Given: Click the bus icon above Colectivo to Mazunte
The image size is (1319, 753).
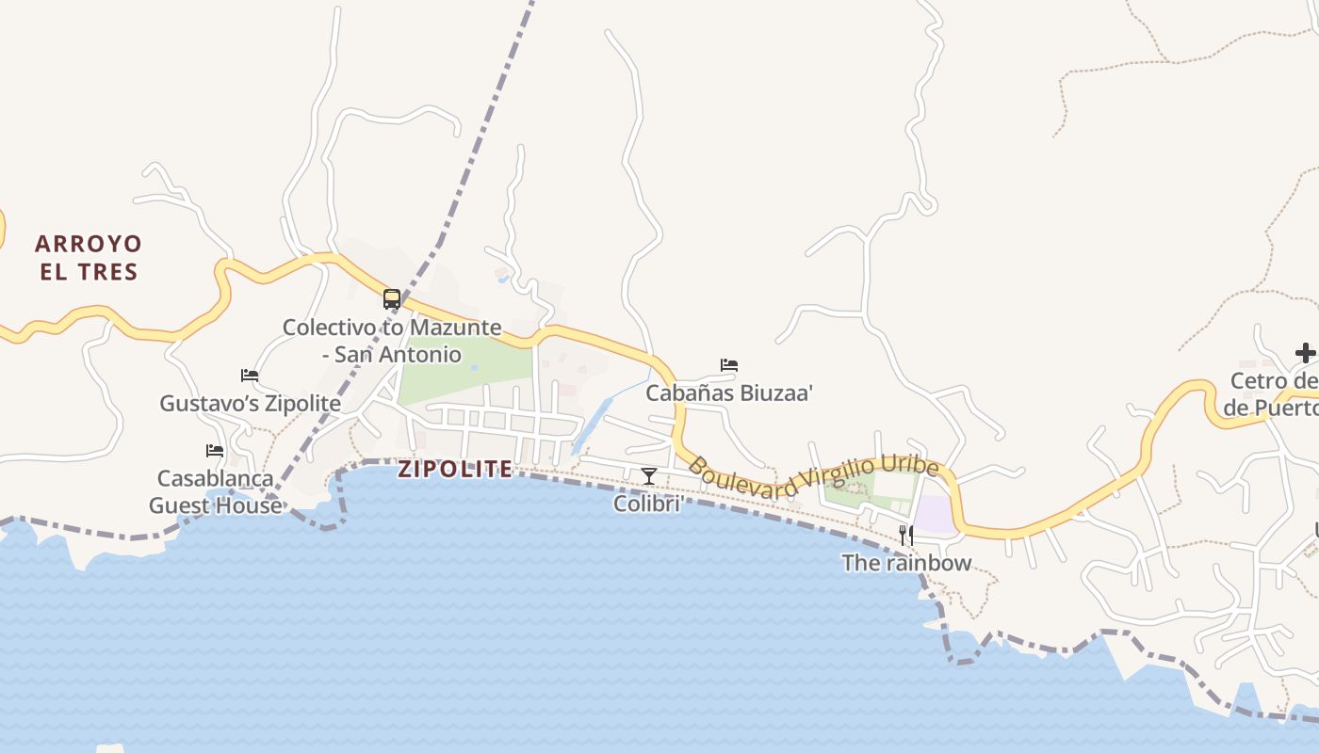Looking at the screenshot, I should (392, 299).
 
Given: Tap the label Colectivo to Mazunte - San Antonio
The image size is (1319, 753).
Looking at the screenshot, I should (392, 341).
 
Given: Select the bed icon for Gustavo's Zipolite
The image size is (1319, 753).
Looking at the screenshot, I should (250, 375).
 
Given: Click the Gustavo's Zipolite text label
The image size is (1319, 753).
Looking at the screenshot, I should (250, 403).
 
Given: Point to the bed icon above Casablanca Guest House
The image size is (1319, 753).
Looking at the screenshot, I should (215, 450).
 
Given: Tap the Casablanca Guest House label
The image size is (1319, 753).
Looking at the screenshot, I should (215, 491).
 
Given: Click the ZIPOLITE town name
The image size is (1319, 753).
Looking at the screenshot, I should (455, 469).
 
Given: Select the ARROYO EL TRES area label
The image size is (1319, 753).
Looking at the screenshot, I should (89, 258).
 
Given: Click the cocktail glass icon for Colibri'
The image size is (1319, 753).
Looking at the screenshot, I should (648, 475).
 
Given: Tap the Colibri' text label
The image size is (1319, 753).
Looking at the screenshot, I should (648, 504).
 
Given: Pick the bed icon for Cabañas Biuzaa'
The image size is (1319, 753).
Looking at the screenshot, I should (728, 364).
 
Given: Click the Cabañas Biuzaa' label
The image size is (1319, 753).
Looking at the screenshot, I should (728, 393).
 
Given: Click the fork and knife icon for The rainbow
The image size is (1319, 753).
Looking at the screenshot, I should (905, 535).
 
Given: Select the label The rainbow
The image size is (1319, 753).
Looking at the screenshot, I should (905, 563).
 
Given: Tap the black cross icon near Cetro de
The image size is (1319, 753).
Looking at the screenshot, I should (1305, 353).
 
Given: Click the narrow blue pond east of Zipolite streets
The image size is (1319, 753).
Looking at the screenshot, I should (591, 425).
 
